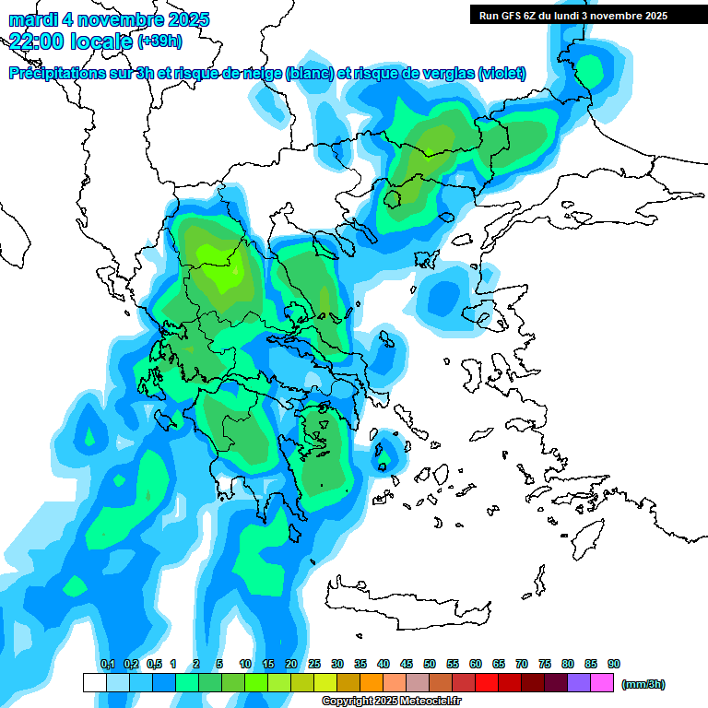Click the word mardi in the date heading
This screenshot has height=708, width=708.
point(33,19)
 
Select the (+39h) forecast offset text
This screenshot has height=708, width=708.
point(159,41)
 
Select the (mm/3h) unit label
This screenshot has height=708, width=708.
point(643,684)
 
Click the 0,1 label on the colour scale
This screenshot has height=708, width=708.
point(107,665)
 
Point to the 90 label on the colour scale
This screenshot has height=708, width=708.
point(614,665)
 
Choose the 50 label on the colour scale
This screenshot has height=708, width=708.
point(430,665)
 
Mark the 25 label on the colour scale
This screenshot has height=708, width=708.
point(314,665)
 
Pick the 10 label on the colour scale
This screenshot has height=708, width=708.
point(245,665)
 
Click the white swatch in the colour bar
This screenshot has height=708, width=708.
point(95,683)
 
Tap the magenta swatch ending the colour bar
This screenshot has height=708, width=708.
point(602,683)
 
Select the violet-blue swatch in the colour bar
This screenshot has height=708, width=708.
point(579,683)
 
